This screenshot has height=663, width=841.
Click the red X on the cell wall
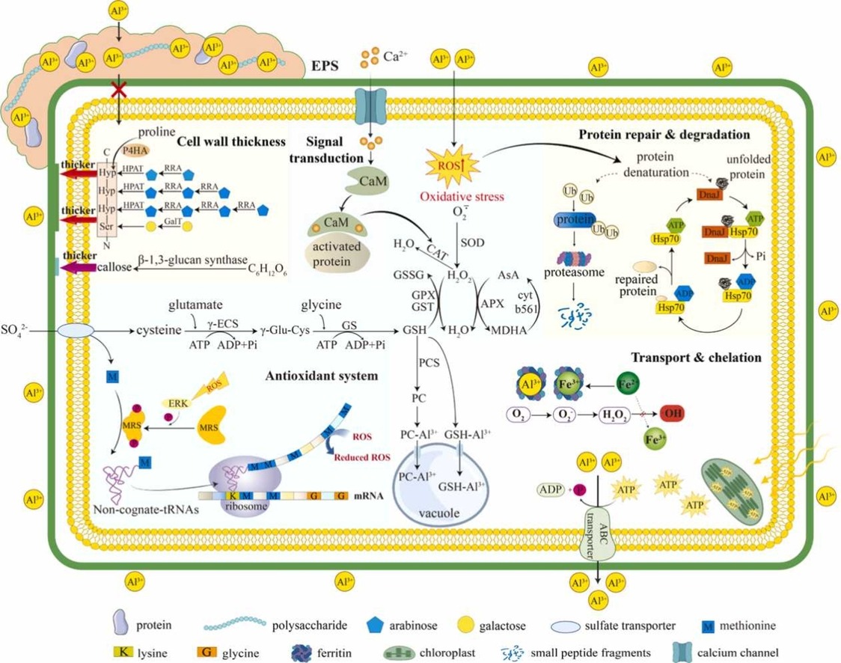tap(118, 91)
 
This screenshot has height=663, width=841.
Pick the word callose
tap(114, 266)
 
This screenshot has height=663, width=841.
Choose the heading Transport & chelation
tap(696, 358)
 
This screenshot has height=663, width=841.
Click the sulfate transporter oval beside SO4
tap(76, 330)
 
